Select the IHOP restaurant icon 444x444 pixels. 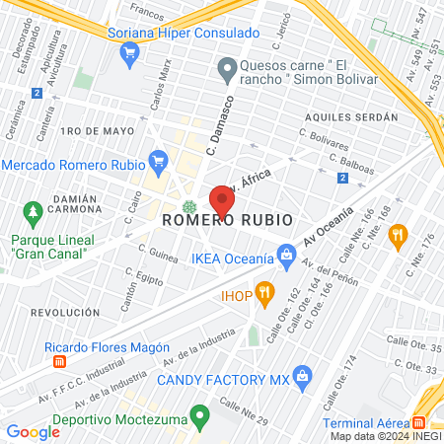(x=264, y=293)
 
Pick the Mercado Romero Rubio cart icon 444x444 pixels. (x=158, y=160)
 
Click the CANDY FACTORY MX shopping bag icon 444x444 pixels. (x=303, y=375)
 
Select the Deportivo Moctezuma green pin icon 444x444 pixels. (x=200, y=417)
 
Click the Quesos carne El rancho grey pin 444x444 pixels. (x=227, y=69)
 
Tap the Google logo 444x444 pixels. (x=33, y=431)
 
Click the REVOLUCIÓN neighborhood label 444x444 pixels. (x=66, y=311)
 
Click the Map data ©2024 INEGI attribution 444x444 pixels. (x=385, y=436)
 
